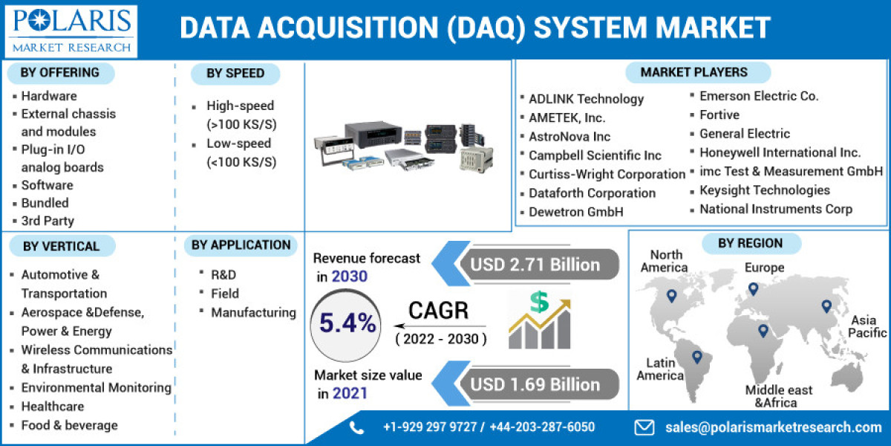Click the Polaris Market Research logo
click(72, 30)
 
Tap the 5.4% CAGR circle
click(347, 323)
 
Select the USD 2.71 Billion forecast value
click(535, 265)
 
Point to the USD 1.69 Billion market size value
click(535, 384)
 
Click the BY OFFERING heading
click(60, 72)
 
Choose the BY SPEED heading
click(235, 73)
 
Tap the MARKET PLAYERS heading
click(694, 72)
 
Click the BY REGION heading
click(750, 243)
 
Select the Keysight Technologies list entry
click(765, 190)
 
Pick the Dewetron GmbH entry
click(576, 212)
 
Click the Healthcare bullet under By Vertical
click(53, 407)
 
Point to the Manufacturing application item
click(253, 313)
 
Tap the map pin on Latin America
click(696, 357)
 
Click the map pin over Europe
click(753, 288)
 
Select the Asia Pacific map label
click(868, 326)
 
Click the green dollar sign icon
click(539, 302)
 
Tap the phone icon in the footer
click(357, 427)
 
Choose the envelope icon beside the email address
click(644, 427)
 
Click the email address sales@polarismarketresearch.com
click(772, 427)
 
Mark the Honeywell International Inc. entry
click(780, 152)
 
